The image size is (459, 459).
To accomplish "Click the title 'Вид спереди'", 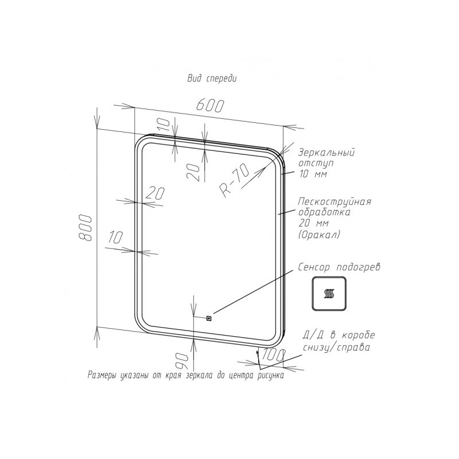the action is point(212,79).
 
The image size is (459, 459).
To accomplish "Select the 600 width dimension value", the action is point(210,106).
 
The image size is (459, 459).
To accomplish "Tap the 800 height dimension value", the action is point(86,228).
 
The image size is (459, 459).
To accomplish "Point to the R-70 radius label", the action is point(235,181).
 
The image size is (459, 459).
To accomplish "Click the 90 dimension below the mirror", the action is point(182,360).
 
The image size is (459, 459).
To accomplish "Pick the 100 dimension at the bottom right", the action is point(273,356).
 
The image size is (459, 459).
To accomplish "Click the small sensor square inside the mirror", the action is point(209,318).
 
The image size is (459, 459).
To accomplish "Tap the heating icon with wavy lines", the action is point(329,293).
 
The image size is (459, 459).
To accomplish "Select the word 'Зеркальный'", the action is point(326,153).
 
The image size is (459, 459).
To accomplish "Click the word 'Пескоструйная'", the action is point(334,202).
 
